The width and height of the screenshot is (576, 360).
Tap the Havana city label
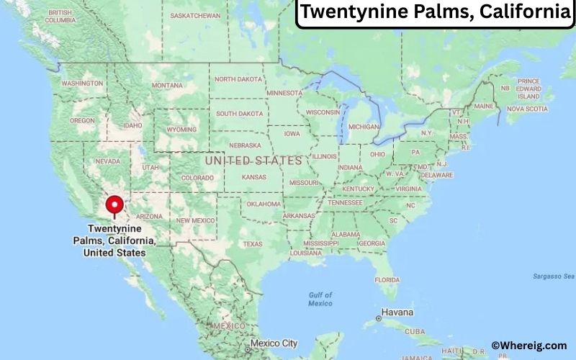point(397,312)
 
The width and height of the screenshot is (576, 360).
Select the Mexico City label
point(274,343)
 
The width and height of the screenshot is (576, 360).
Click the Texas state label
point(253,244)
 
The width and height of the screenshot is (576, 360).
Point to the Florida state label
point(387,279)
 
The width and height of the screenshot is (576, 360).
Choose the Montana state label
point(167,85)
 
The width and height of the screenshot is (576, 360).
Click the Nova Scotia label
point(527,109)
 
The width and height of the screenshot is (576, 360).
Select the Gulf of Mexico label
point(320,299)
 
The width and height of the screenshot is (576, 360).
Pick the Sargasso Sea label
point(554,276)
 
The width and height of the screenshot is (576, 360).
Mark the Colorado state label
point(197,178)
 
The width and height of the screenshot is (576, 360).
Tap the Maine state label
point(484,106)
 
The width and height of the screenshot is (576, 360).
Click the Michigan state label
point(364,127)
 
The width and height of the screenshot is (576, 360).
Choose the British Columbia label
point(59,17)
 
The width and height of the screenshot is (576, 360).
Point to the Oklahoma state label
point(263,204)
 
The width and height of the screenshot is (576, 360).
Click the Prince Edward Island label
point(529,89)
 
